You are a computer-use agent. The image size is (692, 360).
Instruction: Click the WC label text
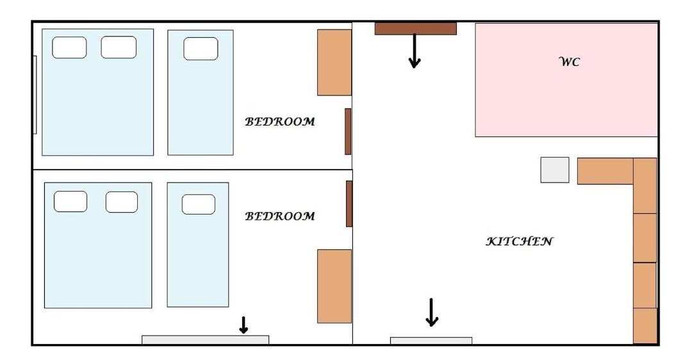(x=569, y=61)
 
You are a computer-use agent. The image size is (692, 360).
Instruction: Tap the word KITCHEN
(x=519, y=241)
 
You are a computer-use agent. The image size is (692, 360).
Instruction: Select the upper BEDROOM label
(x=280, y=121)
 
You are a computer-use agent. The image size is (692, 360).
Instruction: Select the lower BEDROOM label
(x=280, y=216)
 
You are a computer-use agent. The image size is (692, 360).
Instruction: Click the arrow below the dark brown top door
(x=414, y=51)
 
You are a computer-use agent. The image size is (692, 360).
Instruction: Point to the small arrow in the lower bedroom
(x=243, y=325)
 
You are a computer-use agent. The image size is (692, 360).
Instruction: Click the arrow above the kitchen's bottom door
(x=432, y=313)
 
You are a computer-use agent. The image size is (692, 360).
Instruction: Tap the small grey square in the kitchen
(x=555, y=170)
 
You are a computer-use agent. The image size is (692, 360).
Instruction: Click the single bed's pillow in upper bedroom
(x=201, y=49)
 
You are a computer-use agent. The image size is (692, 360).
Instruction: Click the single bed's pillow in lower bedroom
(x=199, y=204)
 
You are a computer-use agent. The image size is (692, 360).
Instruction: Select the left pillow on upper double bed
(x=69, y=47)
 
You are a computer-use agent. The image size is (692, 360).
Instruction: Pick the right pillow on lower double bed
(x=121, y=202)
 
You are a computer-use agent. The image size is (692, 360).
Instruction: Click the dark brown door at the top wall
(x=415, y=29)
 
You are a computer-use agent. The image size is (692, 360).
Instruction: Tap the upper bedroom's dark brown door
(x=348, y=131)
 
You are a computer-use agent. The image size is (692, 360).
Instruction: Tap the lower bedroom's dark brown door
(x=349, y=204)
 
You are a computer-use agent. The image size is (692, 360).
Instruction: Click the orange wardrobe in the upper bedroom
(x=334, y=63)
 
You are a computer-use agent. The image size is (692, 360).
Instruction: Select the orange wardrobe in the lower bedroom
(x=334, y=286)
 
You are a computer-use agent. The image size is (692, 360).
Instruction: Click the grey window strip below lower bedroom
(x=205, y=340)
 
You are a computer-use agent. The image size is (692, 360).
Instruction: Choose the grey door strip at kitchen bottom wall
(x=431, y=341)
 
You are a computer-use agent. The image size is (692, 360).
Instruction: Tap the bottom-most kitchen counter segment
(x=645, y=326)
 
